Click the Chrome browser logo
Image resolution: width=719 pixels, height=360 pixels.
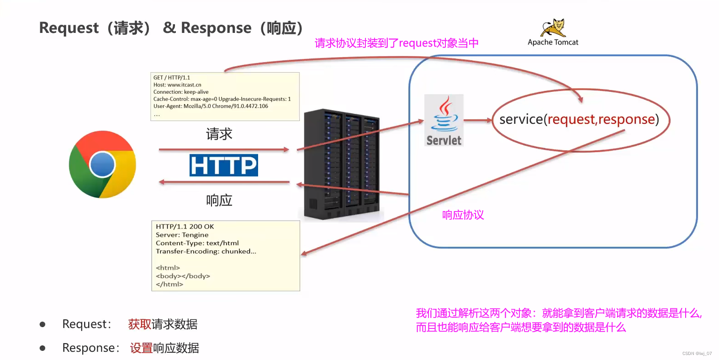pyautogui.click(x=102, y=164)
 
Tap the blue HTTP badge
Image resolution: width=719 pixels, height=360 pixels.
pyautogui.click(x=224, y=165)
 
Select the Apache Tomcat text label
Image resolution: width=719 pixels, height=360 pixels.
pyautogui.click(x=553, y=42)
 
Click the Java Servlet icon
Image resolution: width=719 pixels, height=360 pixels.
pyautogui.click(x=444, y=120)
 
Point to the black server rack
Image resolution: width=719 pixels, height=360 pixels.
pyautogui.click(x=342, y=164)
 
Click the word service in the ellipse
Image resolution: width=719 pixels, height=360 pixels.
pyautogui.click(x=521, y=119)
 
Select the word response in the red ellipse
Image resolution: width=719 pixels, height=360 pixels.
pyautogui.click(x=627, y=119)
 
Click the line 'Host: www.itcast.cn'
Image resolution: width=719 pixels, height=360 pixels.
pyautogui.click(x=177, y=85)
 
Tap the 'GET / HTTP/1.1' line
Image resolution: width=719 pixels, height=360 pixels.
pyautogui.click(x=172, y=78)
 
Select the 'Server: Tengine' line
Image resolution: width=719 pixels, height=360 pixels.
pyautogui.click(x=182, y=235)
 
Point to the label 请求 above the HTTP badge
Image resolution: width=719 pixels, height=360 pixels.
pyautogui.click(x=219, y=134)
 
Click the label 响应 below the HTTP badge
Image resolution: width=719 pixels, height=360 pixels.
pyautogui.click(x=219, y=200)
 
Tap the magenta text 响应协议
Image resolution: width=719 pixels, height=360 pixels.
pyautogui.click(x=463, y=215)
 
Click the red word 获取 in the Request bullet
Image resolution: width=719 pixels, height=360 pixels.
pyautogui.click(x=139, y=324)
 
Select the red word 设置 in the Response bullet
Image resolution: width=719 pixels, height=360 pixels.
pyautogui.click(x=141, y=348)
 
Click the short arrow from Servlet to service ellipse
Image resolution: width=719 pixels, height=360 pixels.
pyautogui.click(x=478, y=120)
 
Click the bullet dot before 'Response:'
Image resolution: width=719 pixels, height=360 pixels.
pyautogui.click(x=42, y=348)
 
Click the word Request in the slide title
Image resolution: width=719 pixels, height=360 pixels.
pyautogui.click(x=69, y=28)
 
